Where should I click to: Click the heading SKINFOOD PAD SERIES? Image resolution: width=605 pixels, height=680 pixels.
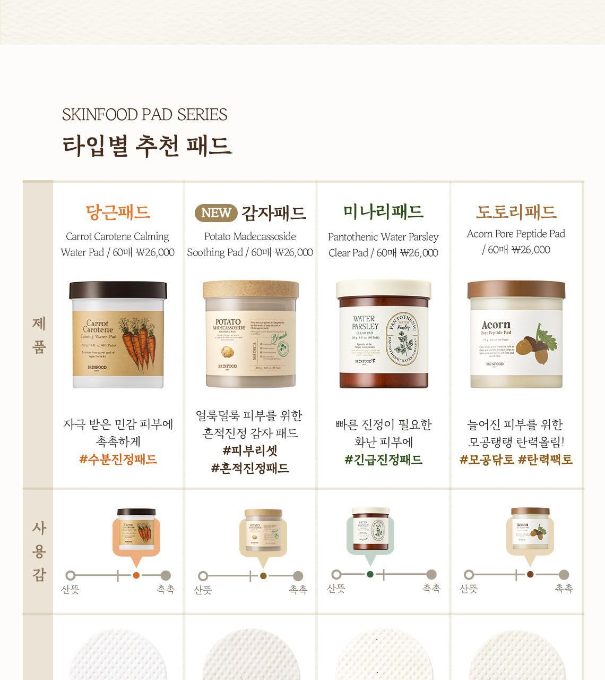[x=144, y=115]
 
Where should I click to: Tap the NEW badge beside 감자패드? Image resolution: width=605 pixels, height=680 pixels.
[x=216, y=213]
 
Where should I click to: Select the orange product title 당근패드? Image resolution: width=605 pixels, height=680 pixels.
[x=118, y=212]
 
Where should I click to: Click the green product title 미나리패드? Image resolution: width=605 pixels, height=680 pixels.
[x=383, y=211]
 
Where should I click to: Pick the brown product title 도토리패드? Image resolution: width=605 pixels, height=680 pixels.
[x=516, y=212]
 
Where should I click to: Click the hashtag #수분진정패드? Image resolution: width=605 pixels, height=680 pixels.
[x=118, y=460]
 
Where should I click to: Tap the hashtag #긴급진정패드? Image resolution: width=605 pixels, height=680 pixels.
[x=383, y=460]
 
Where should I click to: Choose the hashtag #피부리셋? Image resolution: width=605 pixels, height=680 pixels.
[x=250, y=450]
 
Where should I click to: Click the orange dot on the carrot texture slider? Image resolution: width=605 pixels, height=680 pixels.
[x=136, y=575]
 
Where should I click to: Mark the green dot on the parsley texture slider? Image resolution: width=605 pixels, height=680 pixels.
[x=370, y=574]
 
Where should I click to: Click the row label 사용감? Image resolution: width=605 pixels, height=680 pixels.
[x=39, y=551]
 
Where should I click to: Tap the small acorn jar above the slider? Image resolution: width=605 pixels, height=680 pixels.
[x=530, y=526]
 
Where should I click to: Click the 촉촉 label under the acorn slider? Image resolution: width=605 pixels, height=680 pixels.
[x=564, y=589]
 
